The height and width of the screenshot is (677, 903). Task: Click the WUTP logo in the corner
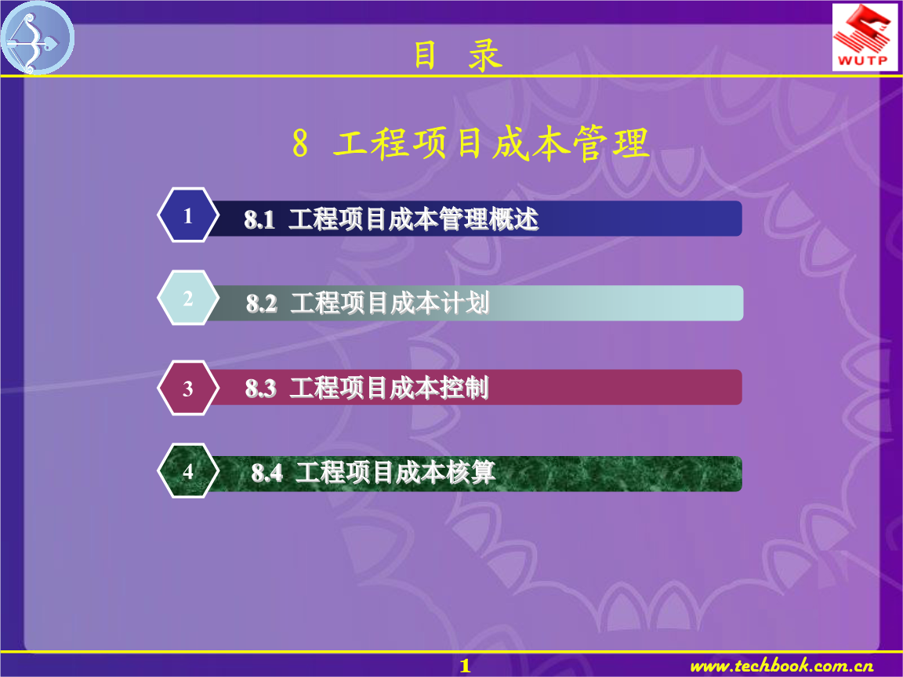point(865,37)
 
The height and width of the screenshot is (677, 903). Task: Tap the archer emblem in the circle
point(37,38)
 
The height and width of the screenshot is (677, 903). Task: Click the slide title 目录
point(458,56)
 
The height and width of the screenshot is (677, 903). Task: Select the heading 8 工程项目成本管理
point(470,145)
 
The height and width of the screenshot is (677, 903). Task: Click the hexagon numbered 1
point(187,215)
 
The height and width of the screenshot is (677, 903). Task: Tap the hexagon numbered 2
point(187,299)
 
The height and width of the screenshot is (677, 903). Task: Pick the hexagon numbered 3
point(187,388)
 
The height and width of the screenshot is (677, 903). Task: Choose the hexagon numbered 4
point(187,472)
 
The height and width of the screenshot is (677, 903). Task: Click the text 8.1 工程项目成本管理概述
point(391,220)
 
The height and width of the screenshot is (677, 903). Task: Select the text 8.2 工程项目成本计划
point(368,303)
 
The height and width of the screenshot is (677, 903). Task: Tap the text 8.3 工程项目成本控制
point(367,388)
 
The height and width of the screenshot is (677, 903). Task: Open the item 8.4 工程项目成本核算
point(373,472)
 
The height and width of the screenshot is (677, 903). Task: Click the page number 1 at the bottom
point(465,666)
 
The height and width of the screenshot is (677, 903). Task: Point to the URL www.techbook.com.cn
point(782,666)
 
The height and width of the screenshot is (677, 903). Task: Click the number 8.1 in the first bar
point(259,220)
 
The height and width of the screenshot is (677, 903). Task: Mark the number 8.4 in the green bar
point(267,473)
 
